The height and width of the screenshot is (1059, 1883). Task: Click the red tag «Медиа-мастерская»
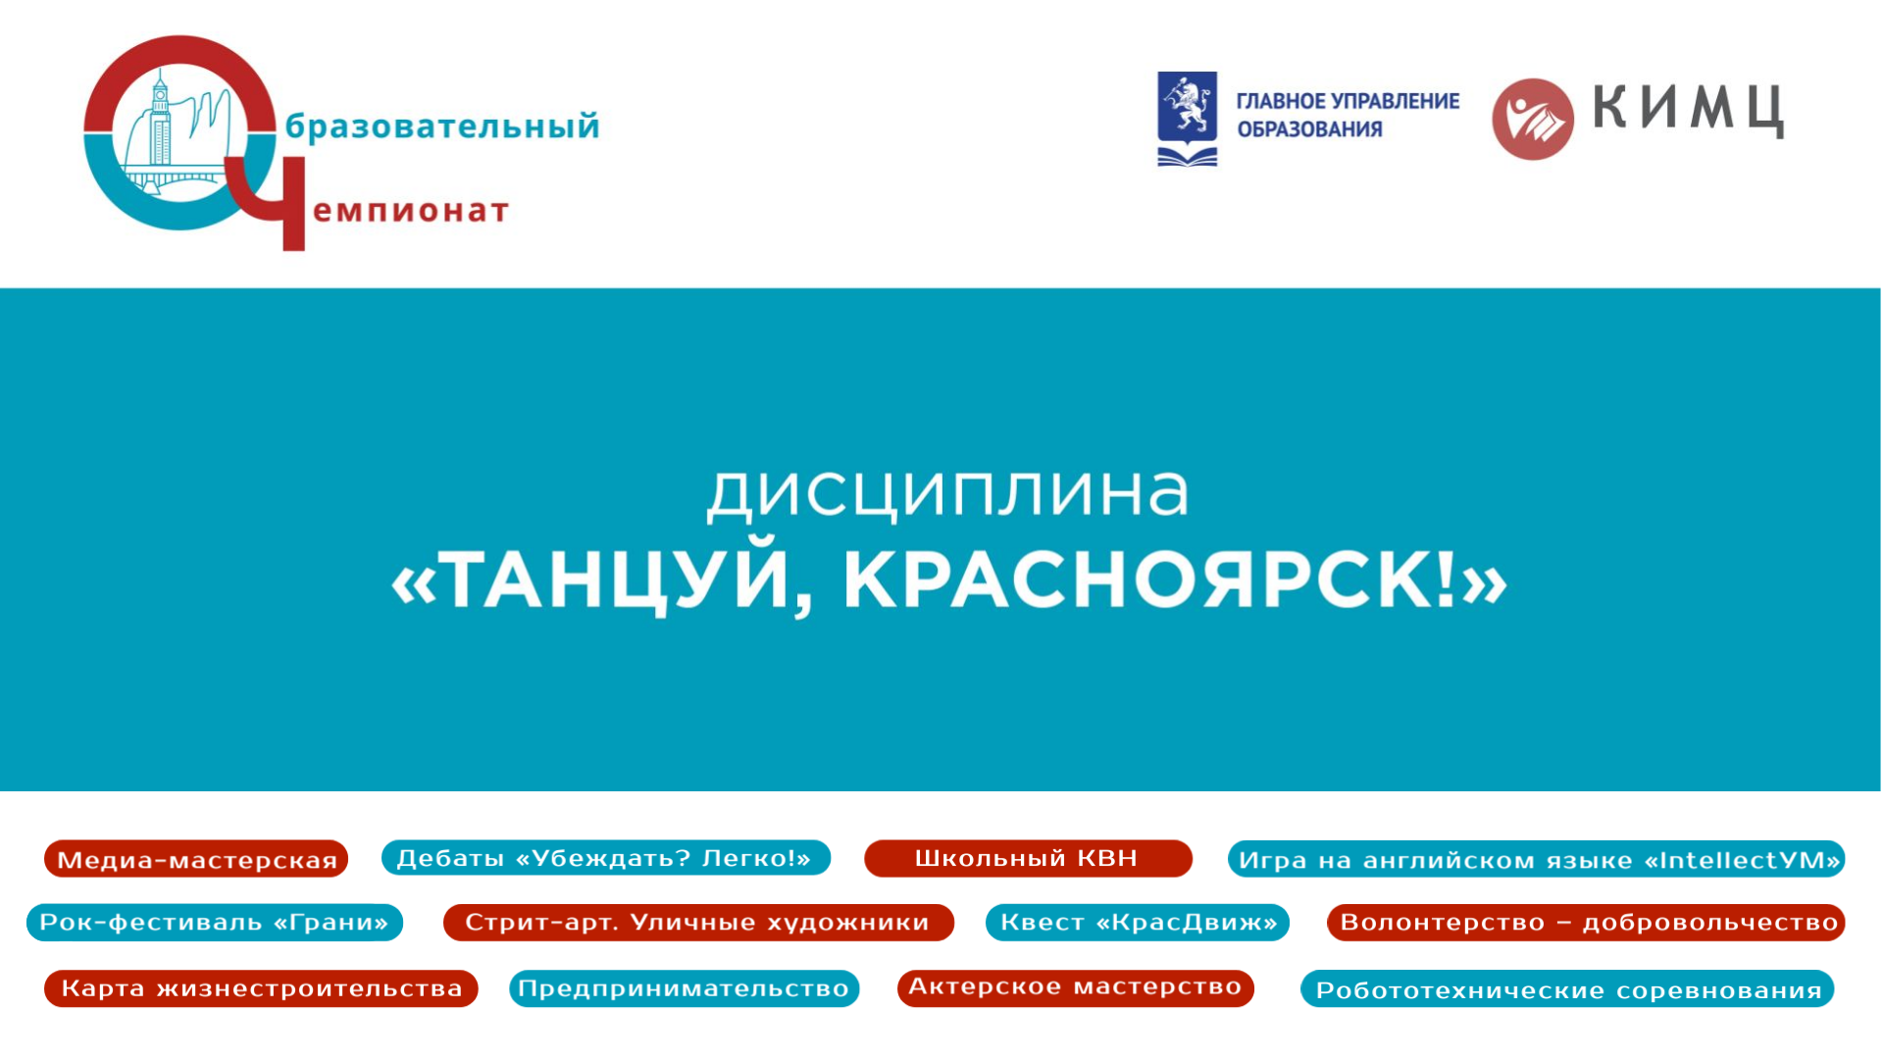(x=196, y=859)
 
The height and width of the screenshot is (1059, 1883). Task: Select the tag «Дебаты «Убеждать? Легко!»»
(x=605, y=858)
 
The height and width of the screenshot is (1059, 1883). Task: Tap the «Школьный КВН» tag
(x=1028, y=858)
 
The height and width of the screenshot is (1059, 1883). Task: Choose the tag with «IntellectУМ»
(x=1536, y=860)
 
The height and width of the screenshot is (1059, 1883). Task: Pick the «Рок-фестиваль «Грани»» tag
(x=215, y=923)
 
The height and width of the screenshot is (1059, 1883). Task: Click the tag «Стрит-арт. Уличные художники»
(x=698, y=923)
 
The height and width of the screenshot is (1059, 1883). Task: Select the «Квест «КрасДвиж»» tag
(x=1138, y=923)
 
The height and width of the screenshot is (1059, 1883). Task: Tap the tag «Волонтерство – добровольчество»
(x=1586, y=923)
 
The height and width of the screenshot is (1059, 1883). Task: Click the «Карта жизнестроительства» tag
(x=261, y=988)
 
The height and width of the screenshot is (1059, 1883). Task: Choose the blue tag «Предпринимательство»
(x=684, y=988)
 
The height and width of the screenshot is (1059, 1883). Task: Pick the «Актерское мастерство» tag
(x=1076, y=987)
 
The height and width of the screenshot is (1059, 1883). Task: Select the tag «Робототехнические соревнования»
(x=1567, y=989)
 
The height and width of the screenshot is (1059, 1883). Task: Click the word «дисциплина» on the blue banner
(x=947, y=491)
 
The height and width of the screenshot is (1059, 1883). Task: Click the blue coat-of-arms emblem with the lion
(x=1188, y=119)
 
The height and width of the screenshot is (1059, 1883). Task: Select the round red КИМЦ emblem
(x=1533, y=119)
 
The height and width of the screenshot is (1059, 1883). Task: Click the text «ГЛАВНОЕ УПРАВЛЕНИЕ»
(x=1348, y=101)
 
